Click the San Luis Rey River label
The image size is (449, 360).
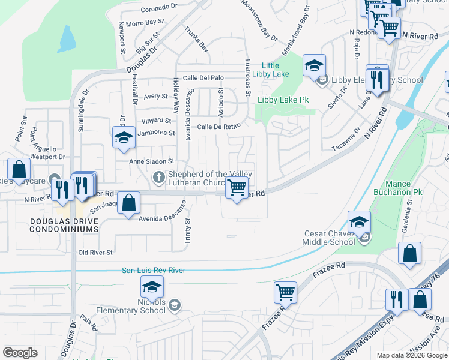tap(154, 271)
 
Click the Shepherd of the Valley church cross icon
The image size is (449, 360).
tap(158, 176)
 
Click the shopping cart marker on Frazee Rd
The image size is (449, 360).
tap(286, 292)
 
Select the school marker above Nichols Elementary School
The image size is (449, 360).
tap(152, 286)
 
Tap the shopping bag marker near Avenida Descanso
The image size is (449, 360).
tap(128, 203)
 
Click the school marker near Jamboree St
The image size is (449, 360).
tap(124, 137)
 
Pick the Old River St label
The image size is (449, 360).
tap(95, 253)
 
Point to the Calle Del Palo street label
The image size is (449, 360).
tap(203, 78)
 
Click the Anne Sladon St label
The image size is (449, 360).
tap(152, 161)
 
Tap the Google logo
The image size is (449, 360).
tap(20, 353)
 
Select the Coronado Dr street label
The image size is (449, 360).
tap(159, 10)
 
